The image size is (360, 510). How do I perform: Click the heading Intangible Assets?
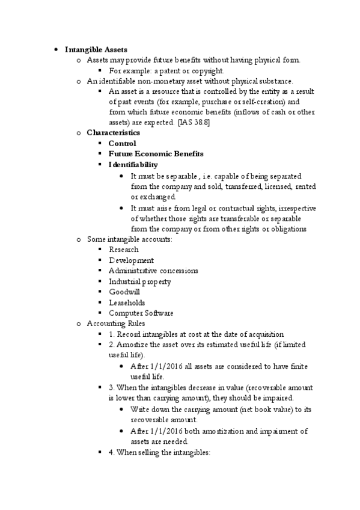pyautogui.click(x=96, y=49)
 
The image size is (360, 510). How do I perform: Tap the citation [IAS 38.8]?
pyautogui.click(x=194, y=122)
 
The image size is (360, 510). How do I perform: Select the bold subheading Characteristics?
pyautogui.click(x=113, y=132)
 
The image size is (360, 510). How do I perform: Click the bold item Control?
pyautogui.click(x=122, y=143)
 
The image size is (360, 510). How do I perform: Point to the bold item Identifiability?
pyautogui.click(x=133, y=164)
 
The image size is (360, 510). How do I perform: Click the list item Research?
pyautogui.click(x=123, y=249)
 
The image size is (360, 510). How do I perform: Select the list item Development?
pyautogui.click(x=131, y=260)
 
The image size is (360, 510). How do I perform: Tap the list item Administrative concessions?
pyautogui.click(x=153, y=271)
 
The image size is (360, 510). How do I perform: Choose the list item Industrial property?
pyautogui.click(x=139, y=281)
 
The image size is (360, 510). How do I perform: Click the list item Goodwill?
pyautogui.click(x=124, y=292)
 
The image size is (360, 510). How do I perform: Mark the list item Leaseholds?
pyautogui.click(x=126, y=303)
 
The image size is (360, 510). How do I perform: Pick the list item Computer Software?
pyautogui.click(x=141, y=313)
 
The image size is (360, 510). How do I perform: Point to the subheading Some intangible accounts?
pyautogui.click(x=129, y=239)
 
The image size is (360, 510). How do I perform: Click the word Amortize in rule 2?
pyautogui.click(x=132, y=345)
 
